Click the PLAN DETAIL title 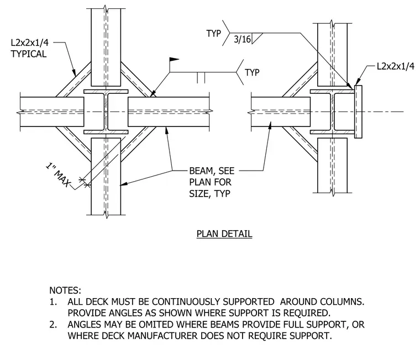tap(224, 234)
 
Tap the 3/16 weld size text tap(242, 39)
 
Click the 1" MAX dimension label tap(58, 174)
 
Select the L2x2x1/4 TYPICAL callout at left tap(29, 48)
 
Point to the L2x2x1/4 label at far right tap(395, 66)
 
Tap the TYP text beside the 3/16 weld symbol tap(213, 34)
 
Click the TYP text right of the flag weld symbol tap(252, 72)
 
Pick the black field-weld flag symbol tap(174, 60)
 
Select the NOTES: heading tap(65, 290)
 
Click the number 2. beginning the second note tap(53, 325)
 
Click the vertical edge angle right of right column tap(358, 112)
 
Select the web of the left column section tap(106, 112)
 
